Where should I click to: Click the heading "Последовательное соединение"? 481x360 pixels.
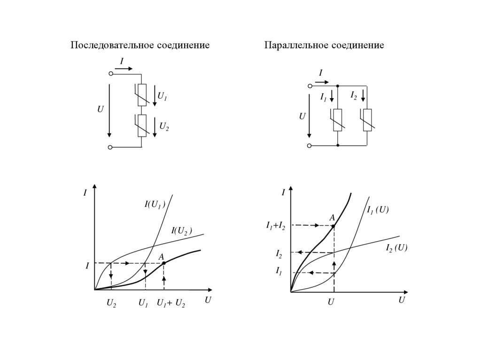click(140, 46)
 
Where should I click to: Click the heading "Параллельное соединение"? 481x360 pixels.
click(324, 46)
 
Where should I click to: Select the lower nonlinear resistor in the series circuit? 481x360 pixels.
click(142, 126)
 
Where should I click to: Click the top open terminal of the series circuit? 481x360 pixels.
click(110, 74)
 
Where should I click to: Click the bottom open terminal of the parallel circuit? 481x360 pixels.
click(309, 146)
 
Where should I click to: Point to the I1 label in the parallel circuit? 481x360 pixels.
click(324, 97)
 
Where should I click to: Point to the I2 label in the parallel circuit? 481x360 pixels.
click(354, 95)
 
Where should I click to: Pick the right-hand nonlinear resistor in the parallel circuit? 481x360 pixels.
click(367, 120)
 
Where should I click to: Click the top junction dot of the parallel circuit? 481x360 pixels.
click(338, 86)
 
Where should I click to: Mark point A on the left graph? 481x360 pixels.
click(163, 263)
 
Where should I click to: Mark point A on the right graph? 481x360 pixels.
click(333, 226)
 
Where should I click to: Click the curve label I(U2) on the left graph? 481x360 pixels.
click(182, 230)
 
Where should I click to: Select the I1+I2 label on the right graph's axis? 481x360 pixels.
click(276, 226)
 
